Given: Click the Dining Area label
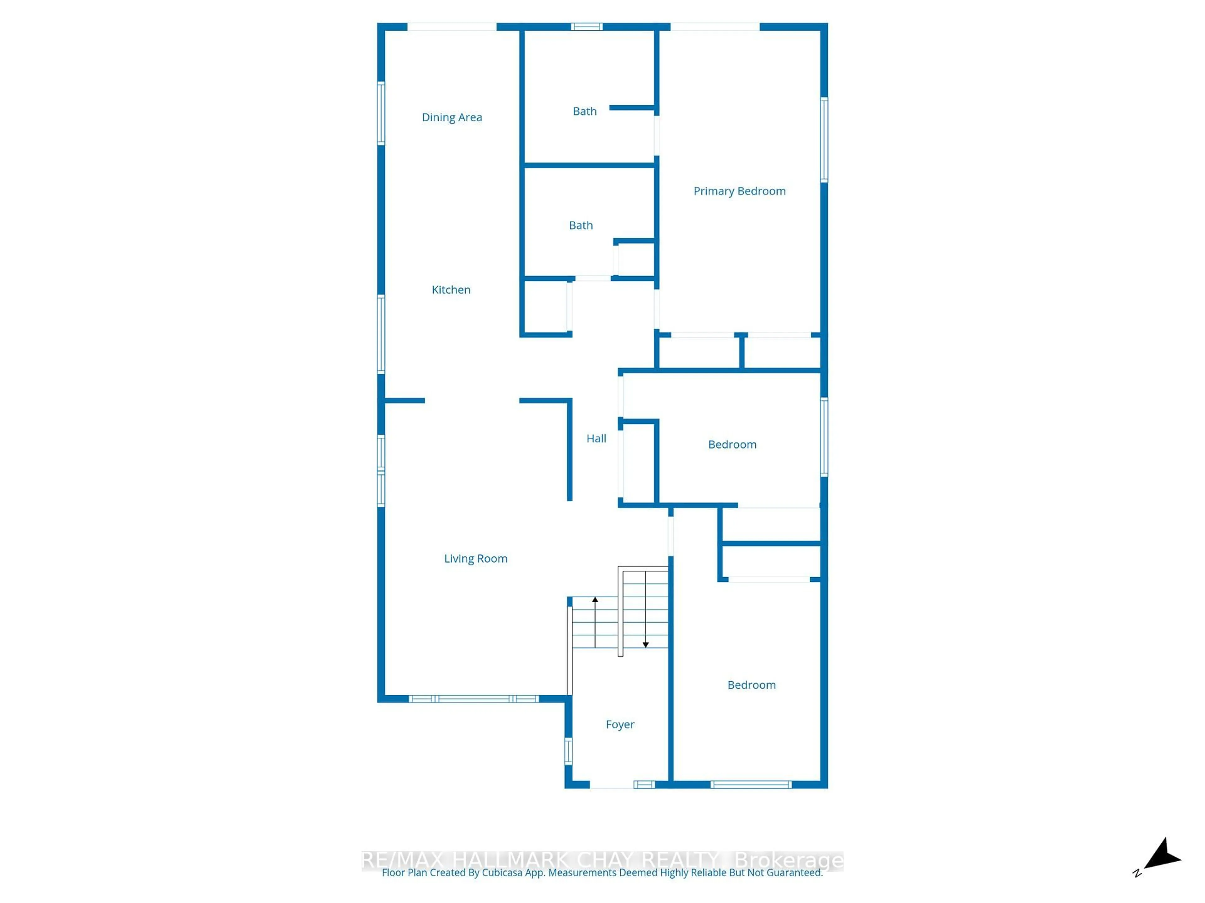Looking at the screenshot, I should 452,117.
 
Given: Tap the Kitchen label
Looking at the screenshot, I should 451,290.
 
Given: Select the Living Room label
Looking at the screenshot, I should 476,558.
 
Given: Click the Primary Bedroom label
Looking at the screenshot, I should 739,191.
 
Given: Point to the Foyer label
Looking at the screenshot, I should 620,725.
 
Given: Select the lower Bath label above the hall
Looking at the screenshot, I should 581,225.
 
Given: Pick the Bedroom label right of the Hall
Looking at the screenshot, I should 732,445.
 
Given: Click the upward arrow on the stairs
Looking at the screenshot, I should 595,600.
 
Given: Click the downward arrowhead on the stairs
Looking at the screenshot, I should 645,644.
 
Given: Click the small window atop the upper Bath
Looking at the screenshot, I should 587,27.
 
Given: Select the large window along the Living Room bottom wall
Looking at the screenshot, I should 474,699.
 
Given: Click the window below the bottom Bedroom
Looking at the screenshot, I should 751,784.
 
